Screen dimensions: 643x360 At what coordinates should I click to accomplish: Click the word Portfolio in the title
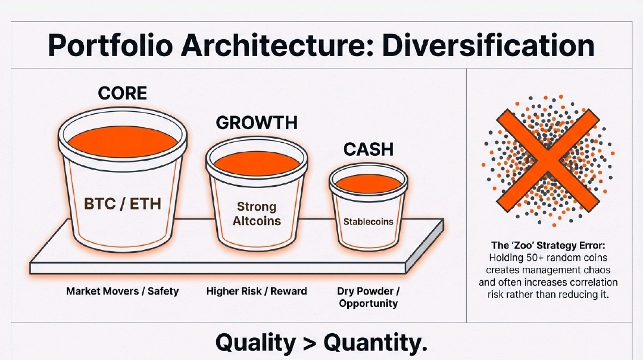click(110, 45)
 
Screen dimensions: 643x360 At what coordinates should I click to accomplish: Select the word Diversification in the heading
click(488, 45)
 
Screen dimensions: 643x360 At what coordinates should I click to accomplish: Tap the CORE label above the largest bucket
click(122, 93)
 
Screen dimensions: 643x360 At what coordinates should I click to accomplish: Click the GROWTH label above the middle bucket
click(257, 123)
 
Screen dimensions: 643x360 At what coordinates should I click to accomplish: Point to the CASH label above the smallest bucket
click(369, 149)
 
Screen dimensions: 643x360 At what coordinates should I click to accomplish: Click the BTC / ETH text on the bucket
click(122, 204)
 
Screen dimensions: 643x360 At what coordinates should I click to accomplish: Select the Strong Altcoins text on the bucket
click(257, 214)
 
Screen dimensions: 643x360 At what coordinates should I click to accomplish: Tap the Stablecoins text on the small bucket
click(369, 222)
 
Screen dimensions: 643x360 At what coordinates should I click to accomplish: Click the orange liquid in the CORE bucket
click(122, 142)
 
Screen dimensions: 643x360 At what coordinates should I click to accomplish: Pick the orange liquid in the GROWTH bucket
click(257, 164)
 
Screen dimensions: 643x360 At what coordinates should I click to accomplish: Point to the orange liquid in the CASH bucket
click(369, 183)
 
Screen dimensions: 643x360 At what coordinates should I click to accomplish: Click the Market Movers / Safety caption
click(123, 292)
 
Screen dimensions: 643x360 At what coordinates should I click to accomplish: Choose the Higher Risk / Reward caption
click(257, 292)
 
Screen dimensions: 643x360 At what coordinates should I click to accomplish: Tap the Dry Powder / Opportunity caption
click(369, 298)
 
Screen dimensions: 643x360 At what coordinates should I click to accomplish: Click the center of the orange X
click(548, 161)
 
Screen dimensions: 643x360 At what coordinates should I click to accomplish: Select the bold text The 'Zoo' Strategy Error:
click(548, 246)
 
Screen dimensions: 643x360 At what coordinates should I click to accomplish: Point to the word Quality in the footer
click(255, 343)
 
